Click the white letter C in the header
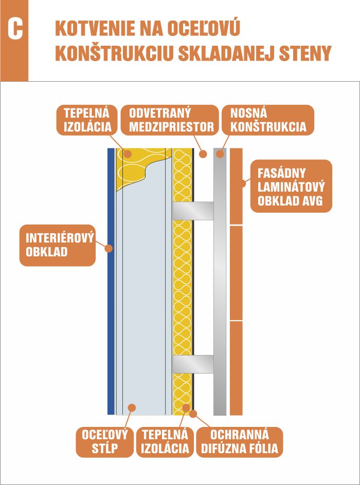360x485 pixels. (15, 30)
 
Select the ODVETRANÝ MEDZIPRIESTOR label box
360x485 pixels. (170, 120)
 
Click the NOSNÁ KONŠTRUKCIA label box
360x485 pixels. (268, 120)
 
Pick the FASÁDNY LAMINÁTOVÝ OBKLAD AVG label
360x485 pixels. (291, 186)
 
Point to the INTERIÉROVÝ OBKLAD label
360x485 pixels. (58, 245)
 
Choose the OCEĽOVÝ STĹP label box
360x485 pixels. (104, 442)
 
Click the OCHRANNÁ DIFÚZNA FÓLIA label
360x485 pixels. (240, 442)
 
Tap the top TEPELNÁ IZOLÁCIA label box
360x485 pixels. (87, 120)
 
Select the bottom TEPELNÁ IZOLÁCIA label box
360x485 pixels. (165, 442)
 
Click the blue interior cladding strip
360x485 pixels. (111, 282)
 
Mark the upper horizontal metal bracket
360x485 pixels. (193, 211)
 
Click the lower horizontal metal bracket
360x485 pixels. (193, 364)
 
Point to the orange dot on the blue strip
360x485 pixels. (109, 248)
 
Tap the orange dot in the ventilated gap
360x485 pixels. (203, 154)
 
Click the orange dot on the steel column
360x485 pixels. (132, 407)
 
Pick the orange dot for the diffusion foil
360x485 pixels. (193, 414)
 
